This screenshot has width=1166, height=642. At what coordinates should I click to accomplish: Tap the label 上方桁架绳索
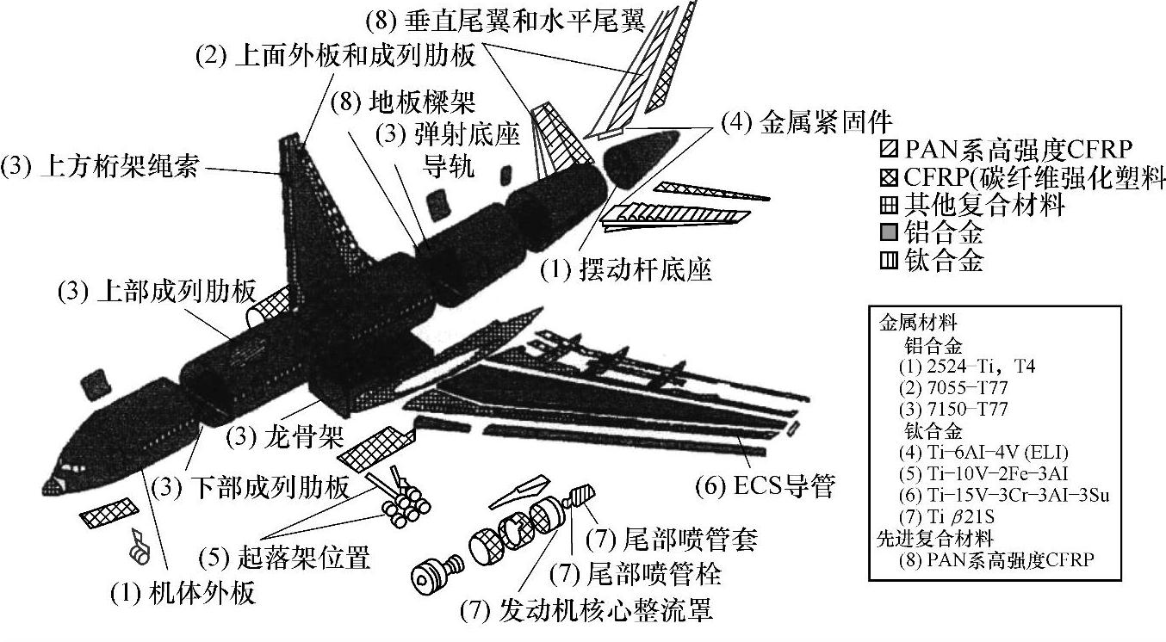click(101, 166)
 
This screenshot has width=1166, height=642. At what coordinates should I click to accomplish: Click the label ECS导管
click(765, 487)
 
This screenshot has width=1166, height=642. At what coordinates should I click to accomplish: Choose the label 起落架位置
click(283, 559)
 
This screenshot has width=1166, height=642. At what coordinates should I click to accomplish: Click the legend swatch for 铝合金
click(889, 233)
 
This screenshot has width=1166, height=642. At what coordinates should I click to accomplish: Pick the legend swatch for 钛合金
click(889, 261)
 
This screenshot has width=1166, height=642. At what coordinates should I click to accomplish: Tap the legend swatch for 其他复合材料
click(889, 206)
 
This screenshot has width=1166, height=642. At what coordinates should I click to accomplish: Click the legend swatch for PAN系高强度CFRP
click(889, 151)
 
